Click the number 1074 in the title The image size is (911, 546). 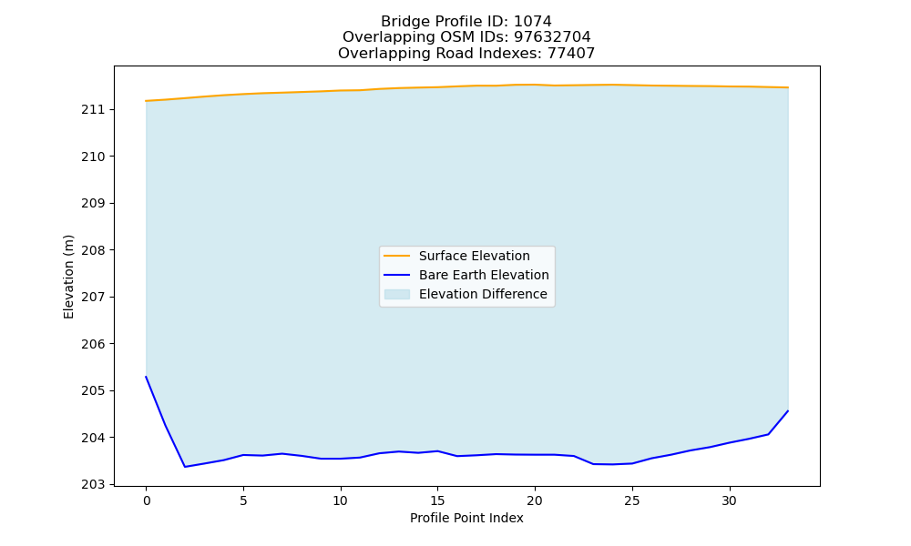pyautogui.click(x=533, y=22)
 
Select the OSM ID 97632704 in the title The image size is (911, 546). pyautogui.click(x=552, y=37)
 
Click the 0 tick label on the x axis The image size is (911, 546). pyautogui.click(x=147, y=500)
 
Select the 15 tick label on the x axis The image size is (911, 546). pyautogui.click(x=437, y=500)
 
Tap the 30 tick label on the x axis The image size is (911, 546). pyautogui.click(x=729, y=500)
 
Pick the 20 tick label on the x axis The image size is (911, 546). pyautogui.click(x=535, y=500)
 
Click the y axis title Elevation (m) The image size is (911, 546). pyautogui.click(x=68, y=277)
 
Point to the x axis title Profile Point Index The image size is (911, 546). pyautogui.click(x=466, y=518)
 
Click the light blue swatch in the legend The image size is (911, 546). pyautogui.click(x=397, y=294)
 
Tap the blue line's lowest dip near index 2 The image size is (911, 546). pyautogui.click(x=185, y=467)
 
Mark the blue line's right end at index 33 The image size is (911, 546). pyautogui.click(x=788, y=410)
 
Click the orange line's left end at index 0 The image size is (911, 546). pyautogui.click(x=146, y=101)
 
